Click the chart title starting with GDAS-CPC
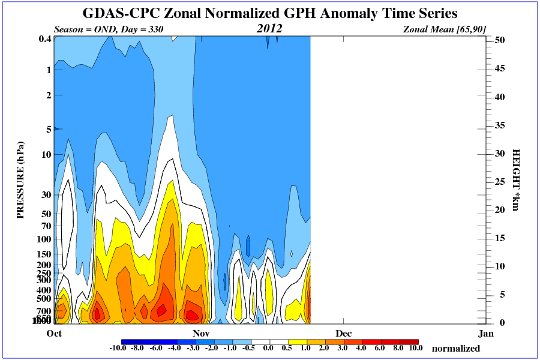pyautogui.click(x=269, y=13)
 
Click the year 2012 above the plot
pyautogui.click(x=269, y=28)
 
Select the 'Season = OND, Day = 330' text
pyautogui.click(x=109, y=29)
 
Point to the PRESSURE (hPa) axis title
pyautogui.click(x=20, y=180)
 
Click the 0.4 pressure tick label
pyautogui.click(x=44, y=40)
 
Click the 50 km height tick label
pyautogui.click(x=499, y=40)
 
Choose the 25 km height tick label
pyautogui.click(x=499, y=181)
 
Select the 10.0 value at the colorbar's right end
pyautogui.click(x=416, y=348)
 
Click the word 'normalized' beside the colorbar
pyautogui.click(x=456, y=349)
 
